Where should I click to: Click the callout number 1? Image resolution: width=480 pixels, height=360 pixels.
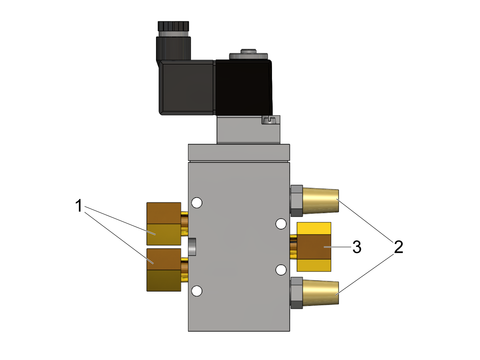point(78,205)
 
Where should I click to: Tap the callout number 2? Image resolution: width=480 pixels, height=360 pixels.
point(398,247)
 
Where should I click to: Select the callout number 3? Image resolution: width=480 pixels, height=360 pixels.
point(357,247)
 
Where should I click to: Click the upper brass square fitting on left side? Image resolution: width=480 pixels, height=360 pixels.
point(164,224)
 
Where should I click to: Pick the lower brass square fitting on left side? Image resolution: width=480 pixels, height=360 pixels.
point(164,270)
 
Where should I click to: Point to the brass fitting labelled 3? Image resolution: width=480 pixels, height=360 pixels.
point(314,247)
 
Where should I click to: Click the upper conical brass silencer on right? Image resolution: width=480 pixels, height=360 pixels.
point(320,201)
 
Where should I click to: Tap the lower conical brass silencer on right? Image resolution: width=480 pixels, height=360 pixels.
point(320,293)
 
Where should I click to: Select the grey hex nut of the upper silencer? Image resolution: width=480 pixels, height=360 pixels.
point(296,201)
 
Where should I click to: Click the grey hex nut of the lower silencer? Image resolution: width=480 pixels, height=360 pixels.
point(296,293)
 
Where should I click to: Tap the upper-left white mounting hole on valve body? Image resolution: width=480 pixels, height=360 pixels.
point(197,203)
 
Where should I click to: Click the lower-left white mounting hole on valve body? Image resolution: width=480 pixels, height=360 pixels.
point(197,291)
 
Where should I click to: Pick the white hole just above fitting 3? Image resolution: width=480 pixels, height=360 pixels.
point(281,224)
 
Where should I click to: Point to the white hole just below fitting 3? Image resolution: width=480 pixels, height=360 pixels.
point(281,270)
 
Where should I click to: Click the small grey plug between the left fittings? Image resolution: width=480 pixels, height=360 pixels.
point(192,247)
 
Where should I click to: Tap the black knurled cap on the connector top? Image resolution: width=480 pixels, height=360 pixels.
point(174,26)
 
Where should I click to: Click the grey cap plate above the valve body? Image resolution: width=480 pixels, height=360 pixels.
point(239,152)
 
